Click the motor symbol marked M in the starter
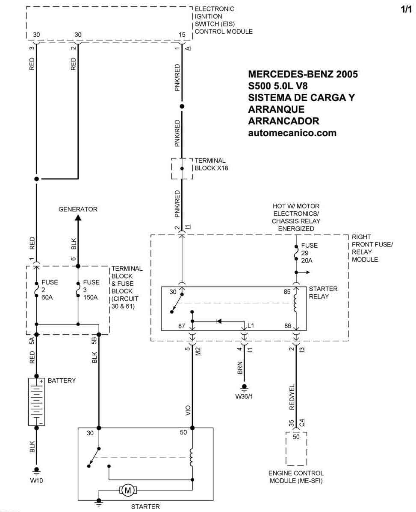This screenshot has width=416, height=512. point(128,490)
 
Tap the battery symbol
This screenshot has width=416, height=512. point(36,402)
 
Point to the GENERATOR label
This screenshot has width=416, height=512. point(78,209)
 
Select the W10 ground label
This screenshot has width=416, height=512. point(36,480)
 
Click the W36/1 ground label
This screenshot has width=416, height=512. point(244,396)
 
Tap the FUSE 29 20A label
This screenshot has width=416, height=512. point(309,253)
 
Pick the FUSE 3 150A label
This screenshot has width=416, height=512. point(91,290)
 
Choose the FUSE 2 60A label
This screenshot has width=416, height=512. point(50,290)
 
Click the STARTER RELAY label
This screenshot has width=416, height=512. point(323,293)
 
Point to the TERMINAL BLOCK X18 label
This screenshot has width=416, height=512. point(211,164)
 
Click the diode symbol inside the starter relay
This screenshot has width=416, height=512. point(219,321)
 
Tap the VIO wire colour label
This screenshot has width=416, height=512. point(188,410)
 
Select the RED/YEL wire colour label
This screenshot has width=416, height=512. point(292,397)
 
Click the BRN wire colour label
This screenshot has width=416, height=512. point(240,368)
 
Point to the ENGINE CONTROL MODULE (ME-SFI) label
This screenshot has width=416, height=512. point(296,477)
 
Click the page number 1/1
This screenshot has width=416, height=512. point(406,9)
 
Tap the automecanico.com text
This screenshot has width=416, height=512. point(292,133)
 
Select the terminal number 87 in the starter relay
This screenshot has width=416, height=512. point(182,325)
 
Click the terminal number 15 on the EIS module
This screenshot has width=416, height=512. point(182,35)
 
